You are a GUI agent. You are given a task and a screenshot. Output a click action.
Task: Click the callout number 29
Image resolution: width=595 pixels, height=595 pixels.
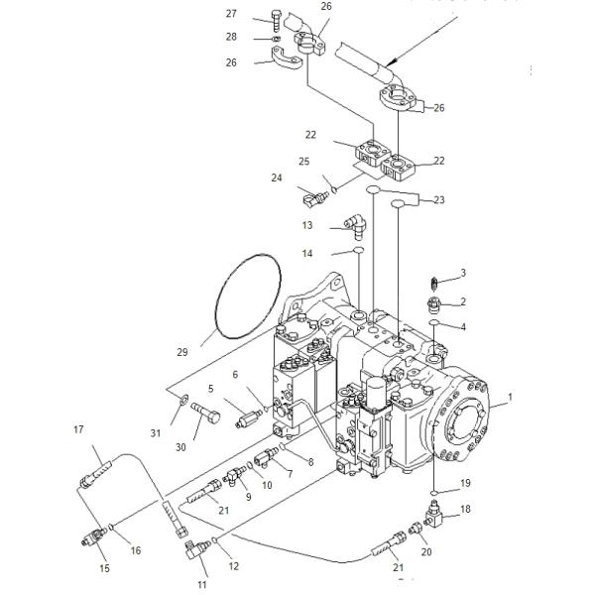(x=182, y=352)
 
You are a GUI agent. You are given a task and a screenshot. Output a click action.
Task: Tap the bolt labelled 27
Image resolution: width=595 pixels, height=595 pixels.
(x=277, y=21)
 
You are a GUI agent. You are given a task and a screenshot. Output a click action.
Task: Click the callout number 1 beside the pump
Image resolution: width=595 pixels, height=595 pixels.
(x=510, y=397)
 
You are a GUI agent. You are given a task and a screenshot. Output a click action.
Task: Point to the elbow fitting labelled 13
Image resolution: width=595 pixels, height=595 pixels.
(x=356, y=226)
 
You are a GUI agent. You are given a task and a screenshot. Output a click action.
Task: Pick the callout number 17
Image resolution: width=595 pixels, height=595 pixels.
(x=78, y=429)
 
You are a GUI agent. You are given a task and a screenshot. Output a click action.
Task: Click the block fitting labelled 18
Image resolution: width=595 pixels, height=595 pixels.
(x=435, y=514)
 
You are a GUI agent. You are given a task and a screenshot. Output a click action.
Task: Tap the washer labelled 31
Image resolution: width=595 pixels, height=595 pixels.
(x=184, y=400)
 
